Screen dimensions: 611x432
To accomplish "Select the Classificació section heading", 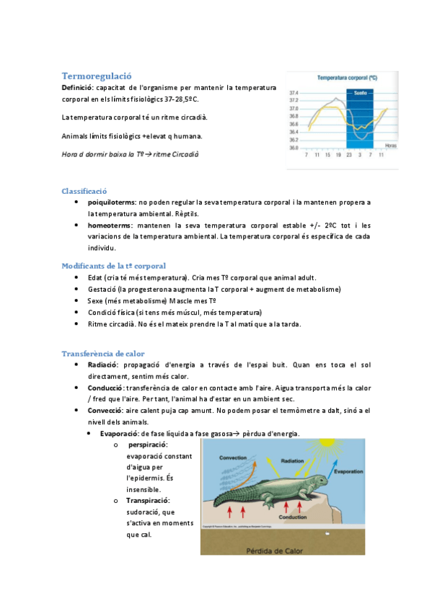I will (84, 191).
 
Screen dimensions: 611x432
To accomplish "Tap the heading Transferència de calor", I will (103, 354).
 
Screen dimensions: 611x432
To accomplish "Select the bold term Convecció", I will (105, 411).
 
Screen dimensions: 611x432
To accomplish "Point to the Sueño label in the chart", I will (358, 93).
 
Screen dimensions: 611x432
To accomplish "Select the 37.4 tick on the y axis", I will (294, 93).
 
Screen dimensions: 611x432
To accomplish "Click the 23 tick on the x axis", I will (348, 155).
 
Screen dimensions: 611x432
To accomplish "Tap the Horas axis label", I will (390, 146).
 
